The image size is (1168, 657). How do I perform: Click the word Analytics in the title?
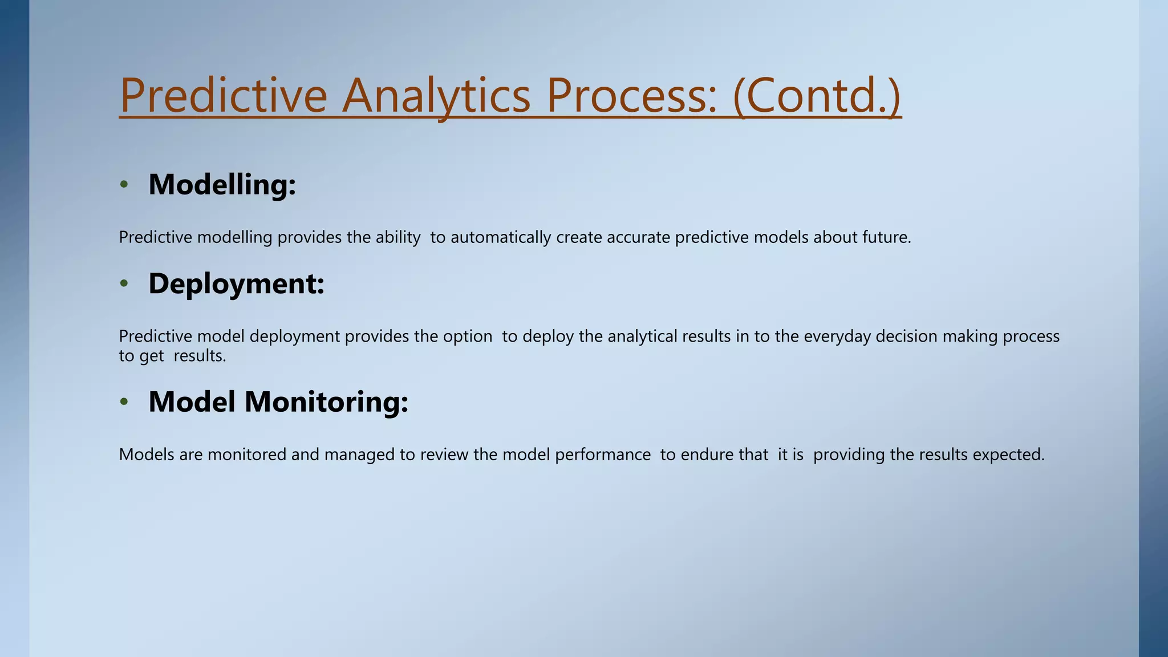tap(436, 96)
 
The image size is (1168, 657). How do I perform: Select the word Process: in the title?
tap(631, 96)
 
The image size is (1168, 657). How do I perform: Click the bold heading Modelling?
tap(222, 184)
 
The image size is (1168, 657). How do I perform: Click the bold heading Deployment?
tap(236, 283)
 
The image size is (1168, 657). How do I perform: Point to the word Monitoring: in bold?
tap(326, 401)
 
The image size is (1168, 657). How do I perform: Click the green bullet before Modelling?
tap(124, 184)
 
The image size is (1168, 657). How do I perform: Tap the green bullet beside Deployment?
tap(124, 283)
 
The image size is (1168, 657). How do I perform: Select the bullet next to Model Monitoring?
tap(124, 401)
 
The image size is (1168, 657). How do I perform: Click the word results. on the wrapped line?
tap(200, 356)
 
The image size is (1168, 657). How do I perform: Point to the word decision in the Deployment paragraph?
tap(906, 336)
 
